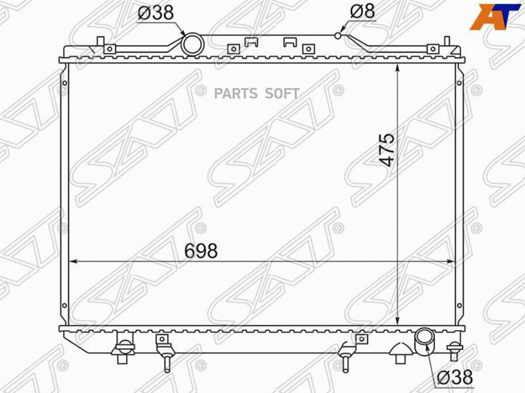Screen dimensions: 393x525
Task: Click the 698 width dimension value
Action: point(201,251)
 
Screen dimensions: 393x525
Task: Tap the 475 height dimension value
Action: point(387,150)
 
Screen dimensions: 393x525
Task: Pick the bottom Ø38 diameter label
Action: point(454,377)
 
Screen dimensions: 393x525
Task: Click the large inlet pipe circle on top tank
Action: point(191,44)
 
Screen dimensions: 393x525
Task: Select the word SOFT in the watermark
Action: point(282,93)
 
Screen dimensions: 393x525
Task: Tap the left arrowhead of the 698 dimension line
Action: point(72,261)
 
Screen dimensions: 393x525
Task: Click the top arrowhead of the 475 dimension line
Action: point(397,67)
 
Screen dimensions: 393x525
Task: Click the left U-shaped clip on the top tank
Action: point(268,42)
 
